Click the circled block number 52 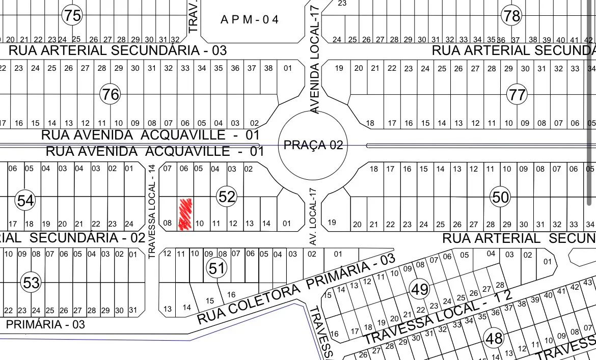pos(227,197)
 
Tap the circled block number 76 pos(110,94)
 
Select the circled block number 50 pos(501,197)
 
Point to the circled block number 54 pos(25,200)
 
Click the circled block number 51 pos(216,268)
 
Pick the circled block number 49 pos(420,289)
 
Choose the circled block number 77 pos(517,94)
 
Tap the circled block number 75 pos(72,15)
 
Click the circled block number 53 pos(31,282)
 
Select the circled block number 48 pos(494,338)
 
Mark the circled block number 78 pos(511,15)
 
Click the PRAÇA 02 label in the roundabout pos(313,145)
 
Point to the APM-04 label pos(250,20)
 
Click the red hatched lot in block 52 pos(185,214)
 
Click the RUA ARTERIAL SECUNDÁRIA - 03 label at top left pos(118,50)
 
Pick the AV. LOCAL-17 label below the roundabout pos(313,216)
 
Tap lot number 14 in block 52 pos(266,223)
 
